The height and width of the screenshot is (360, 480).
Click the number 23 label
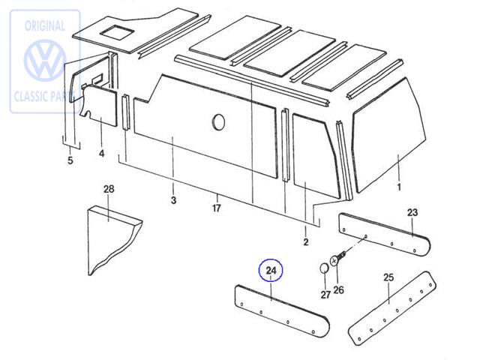412,212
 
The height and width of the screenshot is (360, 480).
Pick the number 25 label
388,278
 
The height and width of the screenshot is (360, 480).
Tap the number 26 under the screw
338,290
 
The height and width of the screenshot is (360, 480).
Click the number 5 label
70,160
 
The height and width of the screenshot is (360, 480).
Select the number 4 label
101,154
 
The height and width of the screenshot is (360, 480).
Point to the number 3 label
173,200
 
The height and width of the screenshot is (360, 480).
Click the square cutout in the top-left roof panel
116,31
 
